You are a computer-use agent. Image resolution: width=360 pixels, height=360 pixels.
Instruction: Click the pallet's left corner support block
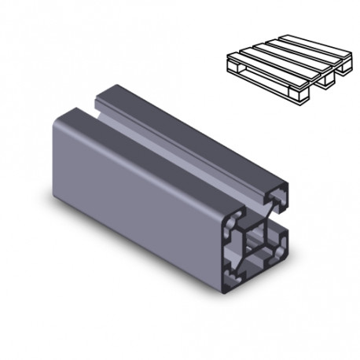[233, 68]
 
